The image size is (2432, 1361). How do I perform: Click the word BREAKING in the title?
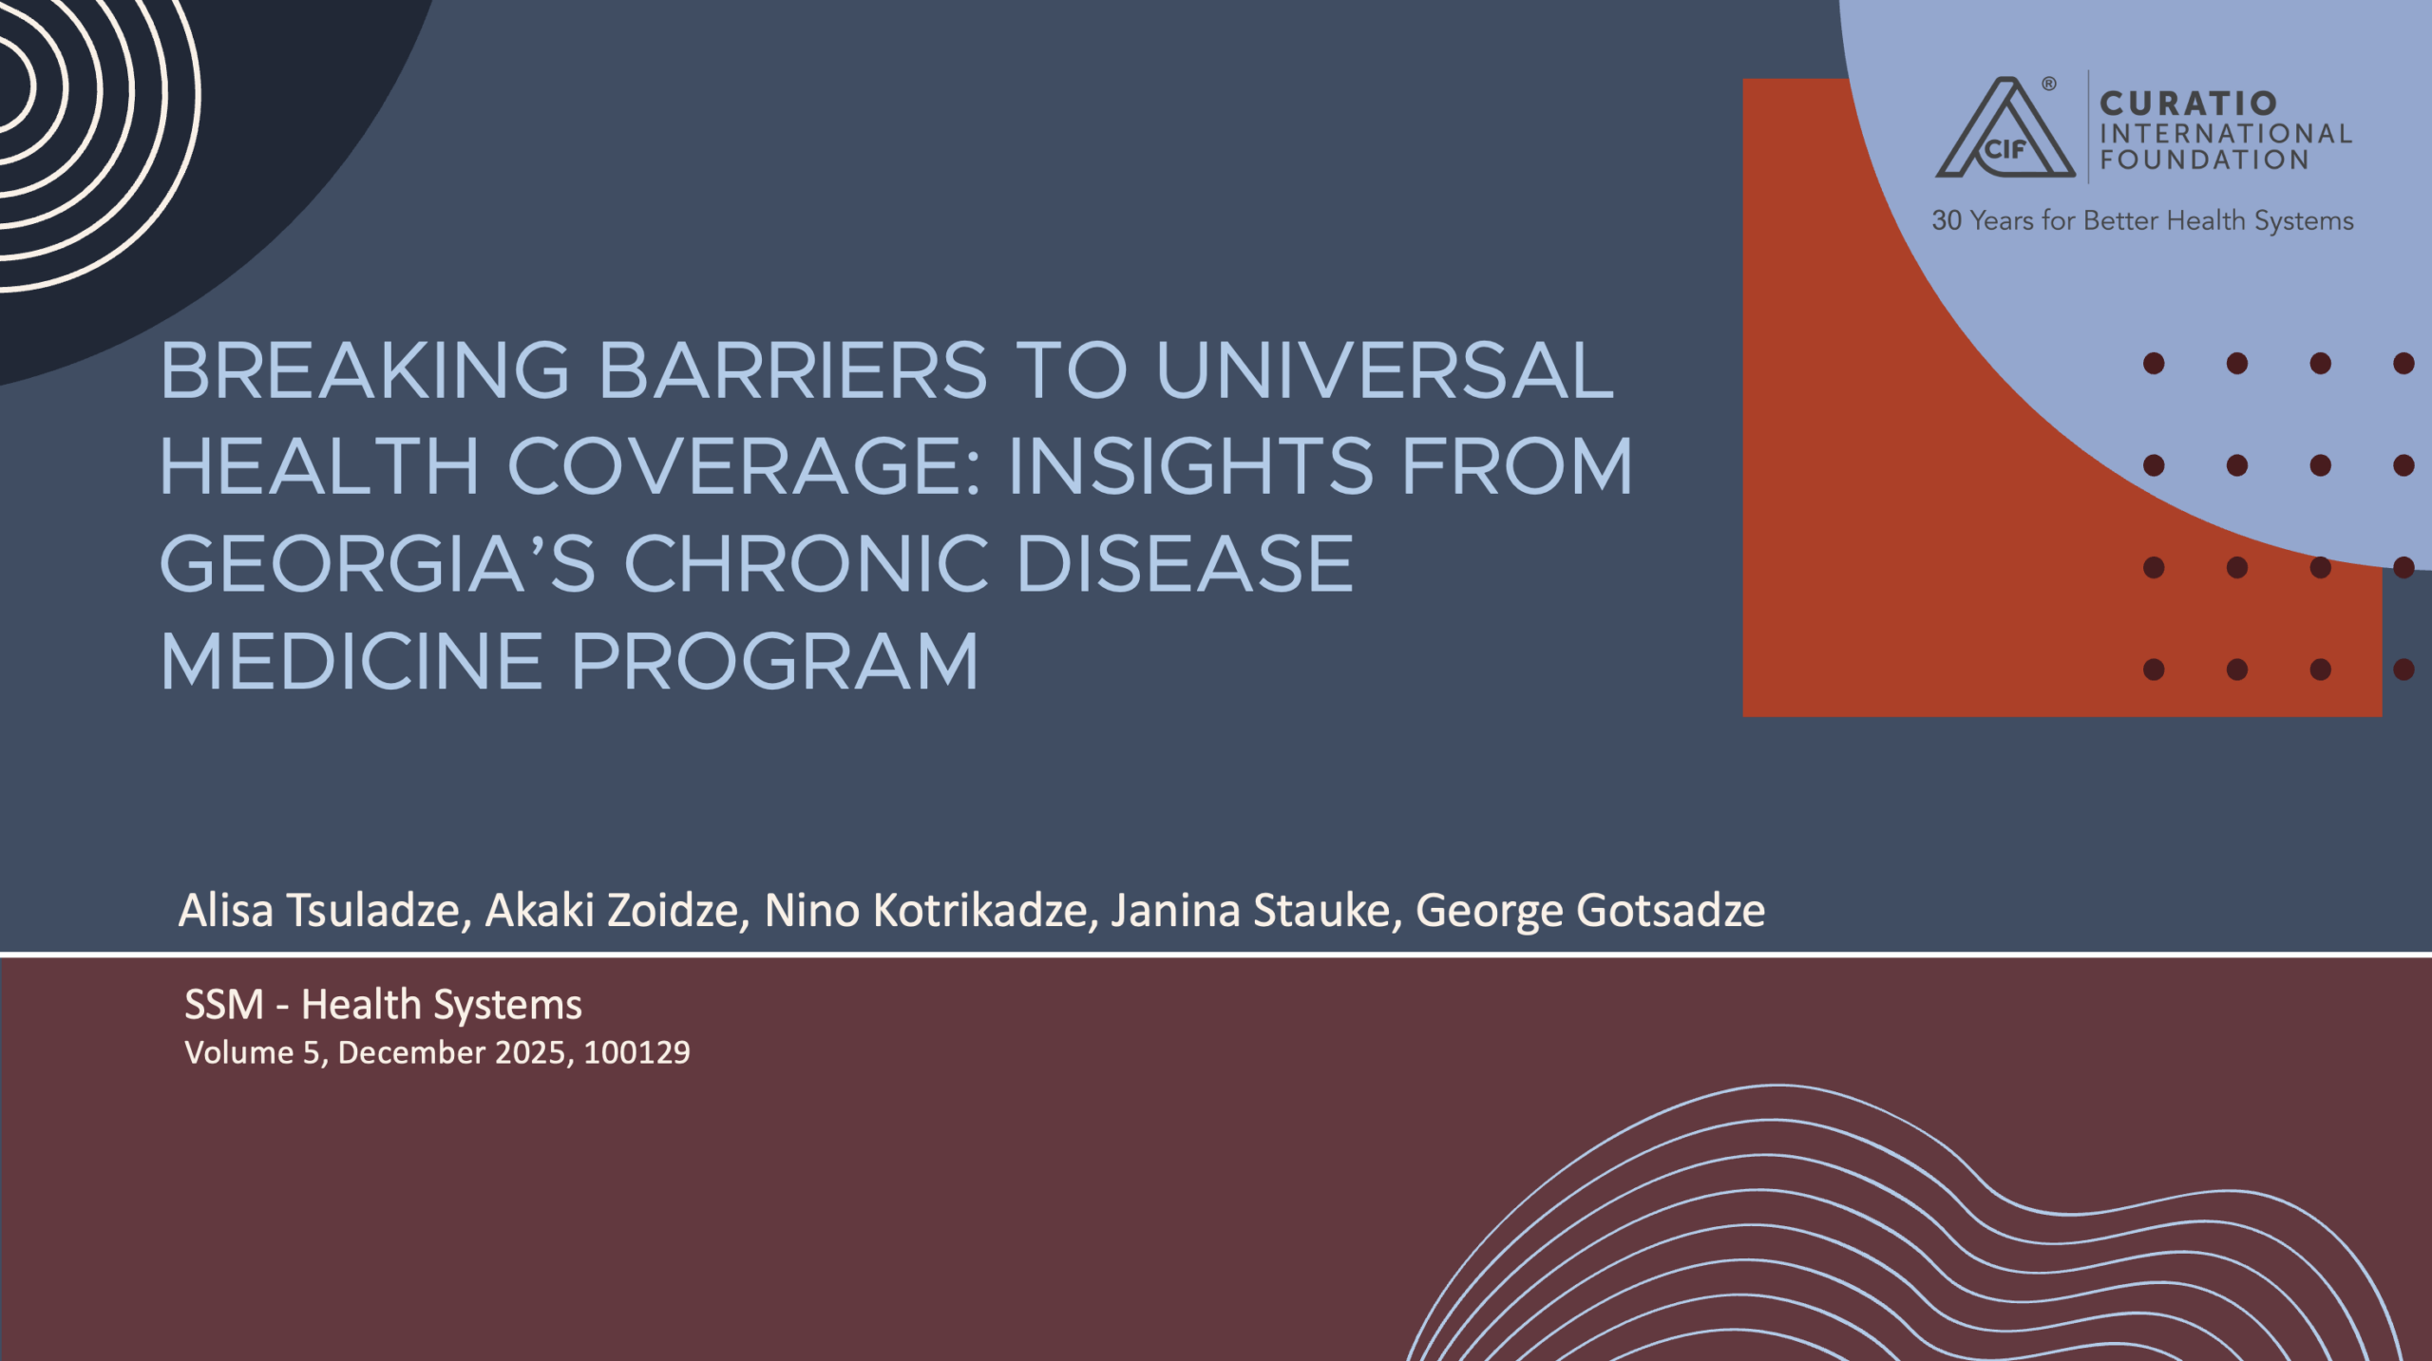click(365, 370)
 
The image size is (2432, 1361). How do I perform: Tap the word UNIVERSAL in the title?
click(1385, 370)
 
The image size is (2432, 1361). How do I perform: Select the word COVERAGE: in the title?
click(744, 466)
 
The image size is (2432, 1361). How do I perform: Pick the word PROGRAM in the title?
click(775, 661)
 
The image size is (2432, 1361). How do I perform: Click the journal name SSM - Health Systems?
click(383, 1005)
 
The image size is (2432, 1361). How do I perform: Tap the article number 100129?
click(636, 1052)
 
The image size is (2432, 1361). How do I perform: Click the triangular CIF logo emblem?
click(2004, 128)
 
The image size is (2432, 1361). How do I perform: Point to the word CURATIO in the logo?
click(2188, 103)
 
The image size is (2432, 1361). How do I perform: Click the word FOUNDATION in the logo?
click(2204, 160)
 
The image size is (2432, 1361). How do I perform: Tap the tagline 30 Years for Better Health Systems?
click(2142, 220)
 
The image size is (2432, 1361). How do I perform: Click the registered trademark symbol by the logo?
click(2049, 84)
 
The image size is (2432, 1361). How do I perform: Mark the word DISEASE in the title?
click(1184, 563)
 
